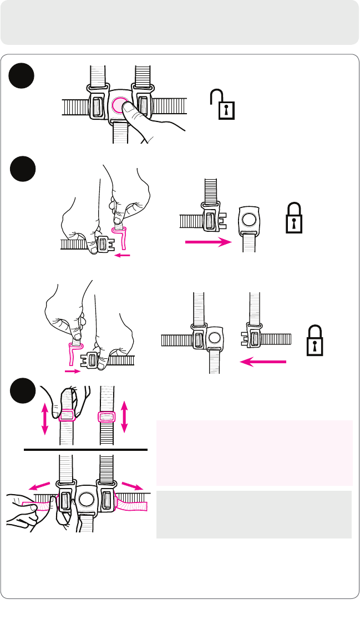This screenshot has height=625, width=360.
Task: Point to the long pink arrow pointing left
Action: (x=262, y=362)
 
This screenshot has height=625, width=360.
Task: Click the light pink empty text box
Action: (x=254, y=453)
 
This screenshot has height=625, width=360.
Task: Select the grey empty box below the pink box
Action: (x=254, y=514)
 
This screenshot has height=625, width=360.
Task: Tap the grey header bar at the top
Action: (x=180, y=22)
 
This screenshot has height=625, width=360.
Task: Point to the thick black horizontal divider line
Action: (x=86, y=450)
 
